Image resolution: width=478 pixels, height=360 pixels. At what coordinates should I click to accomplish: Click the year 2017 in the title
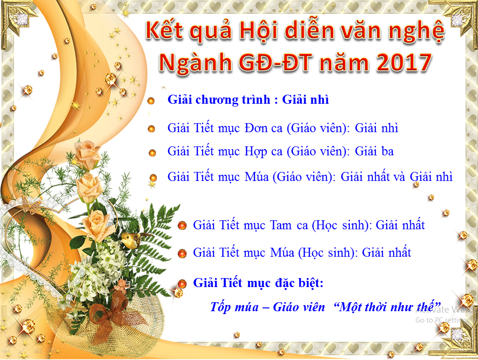[404, 62]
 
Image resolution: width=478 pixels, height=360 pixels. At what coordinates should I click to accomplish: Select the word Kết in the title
[165, 30]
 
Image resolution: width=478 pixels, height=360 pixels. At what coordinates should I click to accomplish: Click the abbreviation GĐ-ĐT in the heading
[275, 63]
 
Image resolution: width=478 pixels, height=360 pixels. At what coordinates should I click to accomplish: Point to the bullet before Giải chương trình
[151, 101]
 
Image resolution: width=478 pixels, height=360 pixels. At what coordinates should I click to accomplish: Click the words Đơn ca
[264, 128]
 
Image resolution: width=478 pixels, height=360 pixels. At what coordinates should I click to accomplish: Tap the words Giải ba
[374, 151]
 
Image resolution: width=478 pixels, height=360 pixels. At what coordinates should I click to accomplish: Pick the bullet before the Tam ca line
[182, 225]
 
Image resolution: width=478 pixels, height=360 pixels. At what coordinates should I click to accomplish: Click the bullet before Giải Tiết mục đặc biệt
[182, 284]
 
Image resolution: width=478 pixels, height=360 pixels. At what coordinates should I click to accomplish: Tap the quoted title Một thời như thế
[388, 306]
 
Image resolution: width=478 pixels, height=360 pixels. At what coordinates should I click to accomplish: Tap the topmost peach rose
[87, 154]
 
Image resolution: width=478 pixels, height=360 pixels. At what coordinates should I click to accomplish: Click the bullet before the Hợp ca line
[152, 153]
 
